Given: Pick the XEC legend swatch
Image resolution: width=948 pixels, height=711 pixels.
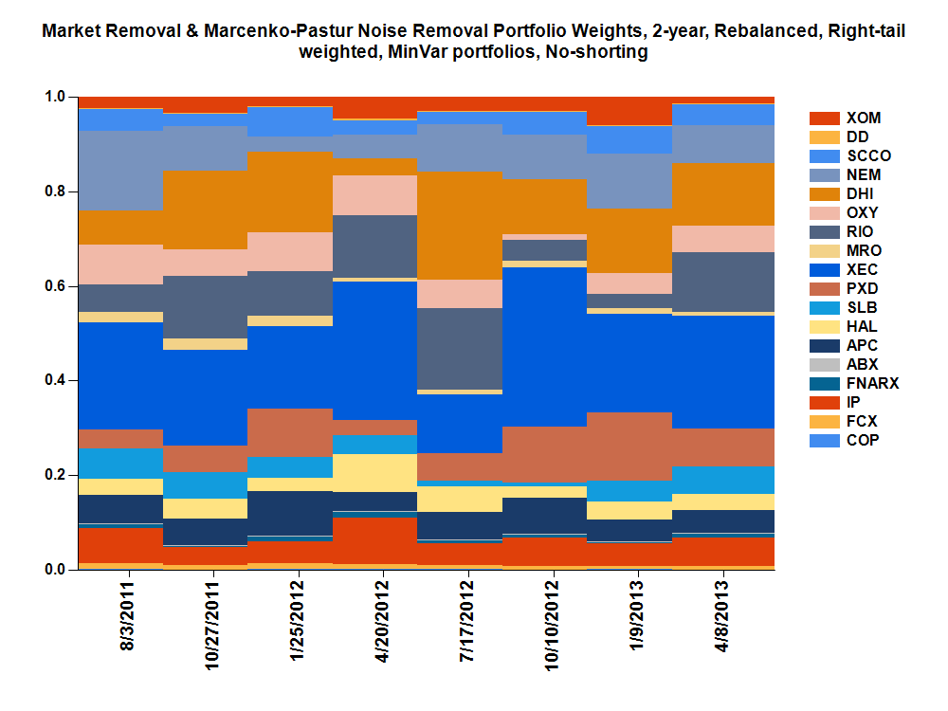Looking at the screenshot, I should point(825,270).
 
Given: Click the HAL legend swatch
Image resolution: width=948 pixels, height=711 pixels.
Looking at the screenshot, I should point(825,327).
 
